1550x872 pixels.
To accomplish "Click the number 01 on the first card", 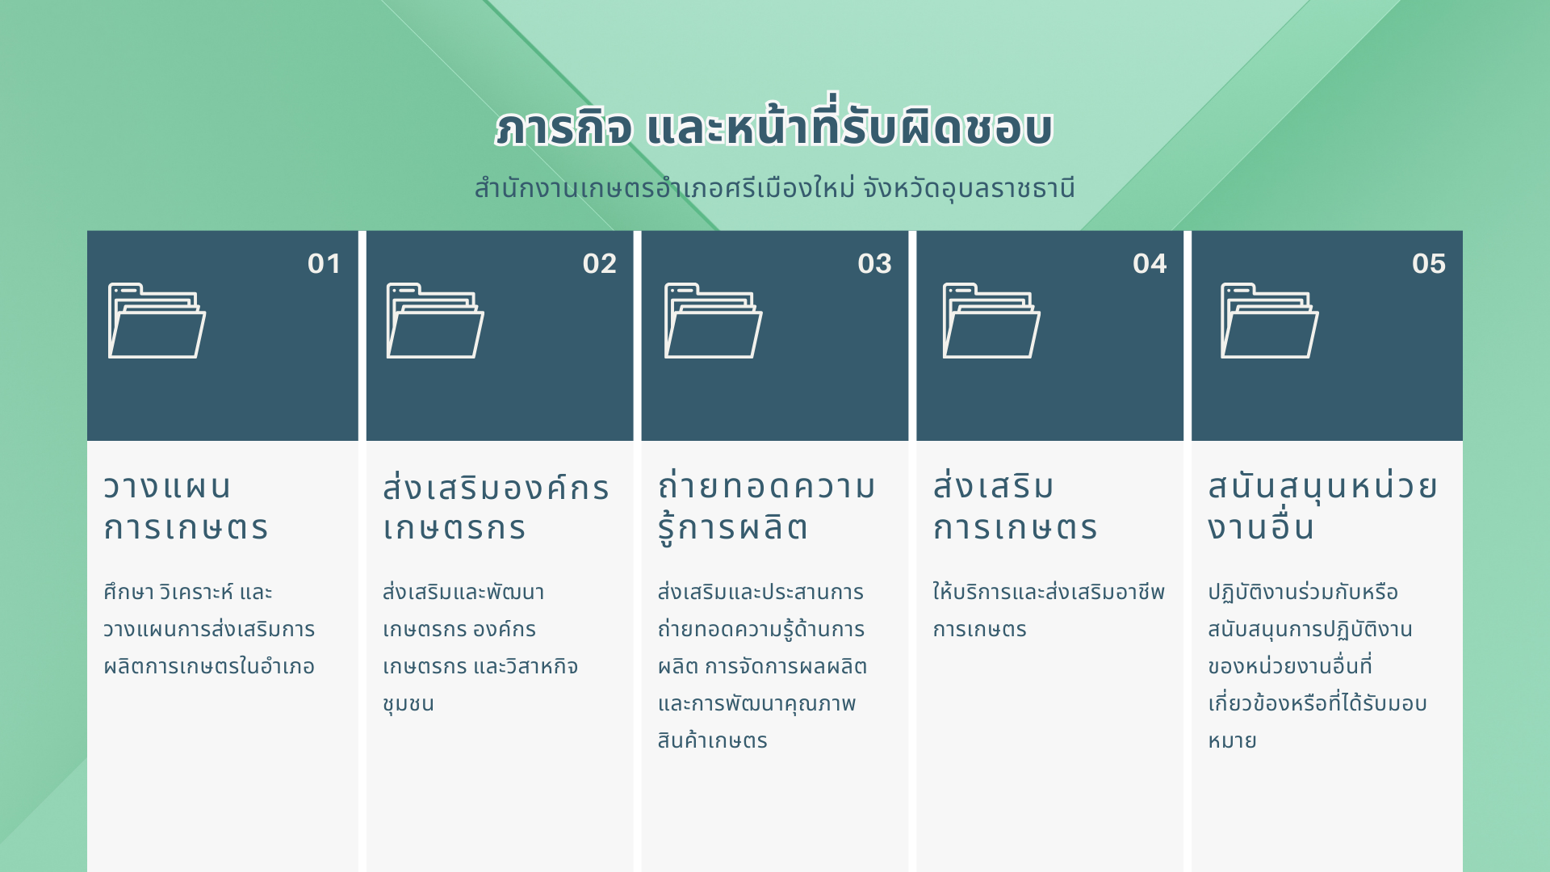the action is tap(324, 264).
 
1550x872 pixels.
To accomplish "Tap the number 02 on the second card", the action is tap(599, 264).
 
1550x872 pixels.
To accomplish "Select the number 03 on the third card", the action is tap(874, 264).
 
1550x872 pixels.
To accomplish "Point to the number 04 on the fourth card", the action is tap(1150, 264).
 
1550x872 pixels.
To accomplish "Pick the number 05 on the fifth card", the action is tap(1429, 264).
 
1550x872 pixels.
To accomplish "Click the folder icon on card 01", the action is tap(157, 321).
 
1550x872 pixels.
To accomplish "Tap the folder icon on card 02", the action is tap(435, 321).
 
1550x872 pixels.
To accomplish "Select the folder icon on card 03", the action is tap(713, 321).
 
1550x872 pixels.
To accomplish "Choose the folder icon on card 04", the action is tap(991, 321).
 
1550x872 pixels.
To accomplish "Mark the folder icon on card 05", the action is tap(1269, 321).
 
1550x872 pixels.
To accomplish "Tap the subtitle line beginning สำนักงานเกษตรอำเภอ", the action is tap(774, 188).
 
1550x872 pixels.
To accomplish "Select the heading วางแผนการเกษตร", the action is tap(186, 507).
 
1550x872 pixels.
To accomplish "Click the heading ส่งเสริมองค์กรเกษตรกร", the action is tap(496, 507).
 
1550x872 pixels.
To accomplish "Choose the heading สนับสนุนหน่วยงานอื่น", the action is tap(1322, 507).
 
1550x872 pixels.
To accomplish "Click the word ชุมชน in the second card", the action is tap(408, 704).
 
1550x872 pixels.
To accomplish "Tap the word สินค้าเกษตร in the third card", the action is tap(712, 740).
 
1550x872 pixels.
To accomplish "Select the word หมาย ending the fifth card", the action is tap(1232, 740).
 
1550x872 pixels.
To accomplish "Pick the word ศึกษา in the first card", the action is tap(128, 592).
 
